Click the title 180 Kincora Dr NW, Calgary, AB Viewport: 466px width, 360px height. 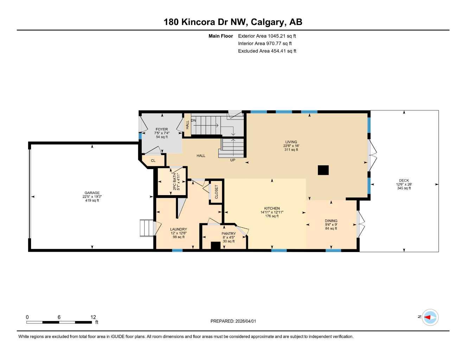233,22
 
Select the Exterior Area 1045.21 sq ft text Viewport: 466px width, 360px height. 267,36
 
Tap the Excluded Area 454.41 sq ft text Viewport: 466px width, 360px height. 267,51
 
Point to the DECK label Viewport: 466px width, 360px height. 404,181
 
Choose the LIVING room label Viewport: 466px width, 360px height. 291,142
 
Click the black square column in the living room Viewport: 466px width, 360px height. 323,170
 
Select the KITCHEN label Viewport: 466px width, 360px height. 272,208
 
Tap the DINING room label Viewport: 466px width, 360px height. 331,221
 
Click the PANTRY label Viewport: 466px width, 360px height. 229,234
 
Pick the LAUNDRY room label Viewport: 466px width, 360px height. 179,229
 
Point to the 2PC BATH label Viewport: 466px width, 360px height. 174,181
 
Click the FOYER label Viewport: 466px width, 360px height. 162,129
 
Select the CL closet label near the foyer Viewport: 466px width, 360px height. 153,161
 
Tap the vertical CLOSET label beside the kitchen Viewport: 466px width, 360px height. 216,192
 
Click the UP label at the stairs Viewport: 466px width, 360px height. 232,160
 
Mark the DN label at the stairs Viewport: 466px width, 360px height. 193,121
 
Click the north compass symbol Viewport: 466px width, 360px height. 430,317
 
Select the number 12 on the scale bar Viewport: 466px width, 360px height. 93,317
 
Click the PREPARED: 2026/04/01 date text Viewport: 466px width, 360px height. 233,321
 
